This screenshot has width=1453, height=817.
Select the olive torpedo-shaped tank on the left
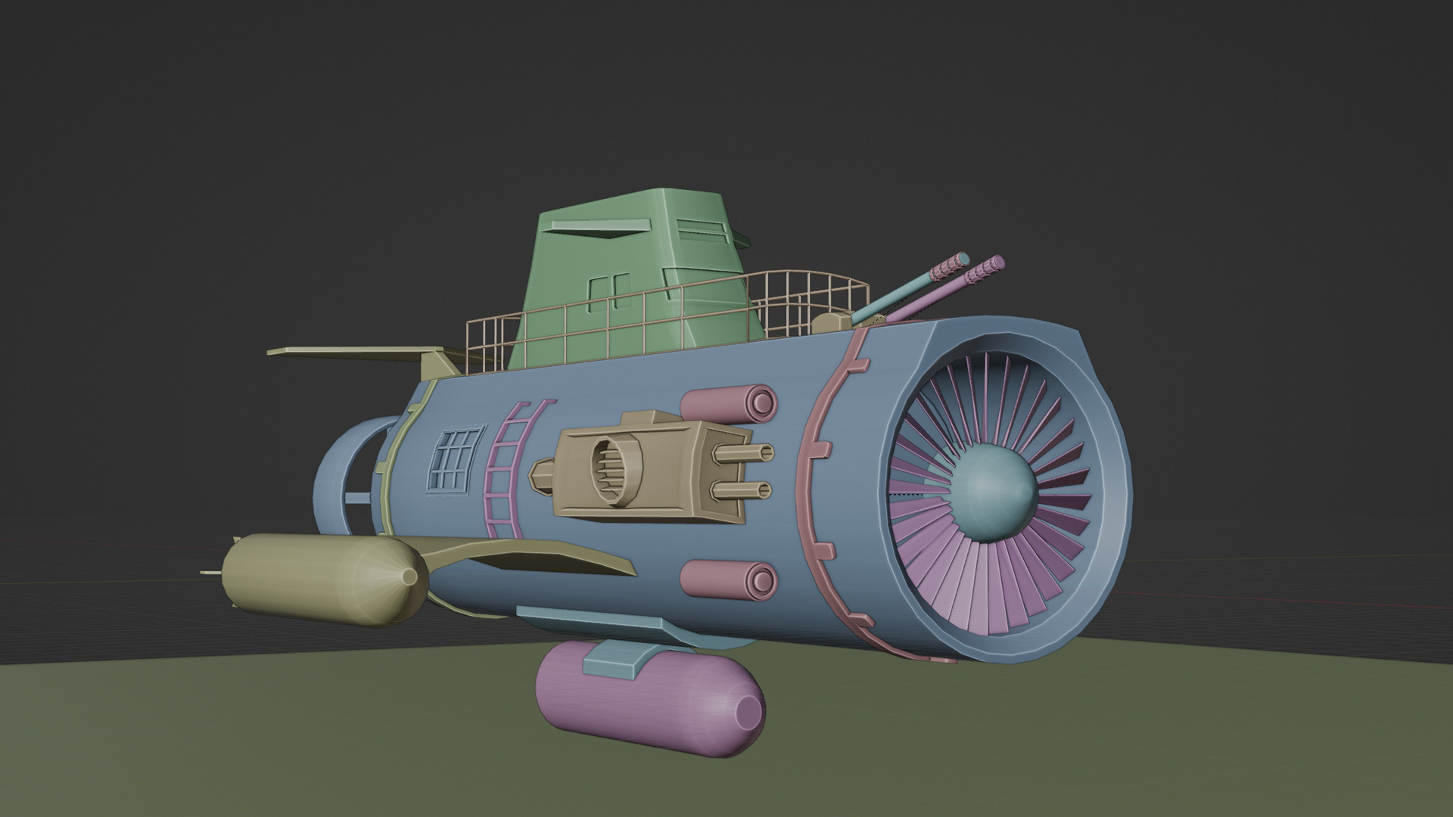pyautogui.click(x=318, y=579)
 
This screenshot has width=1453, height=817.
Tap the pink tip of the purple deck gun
pyautogui.click(x=988, y=267)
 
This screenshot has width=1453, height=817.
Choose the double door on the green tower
pyautogui.click(x=609, y=295)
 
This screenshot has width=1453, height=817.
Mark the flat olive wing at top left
pyautogui.click(x=348, y=353)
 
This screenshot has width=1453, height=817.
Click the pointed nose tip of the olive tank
pyautogui.click(x=409, y=577)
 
